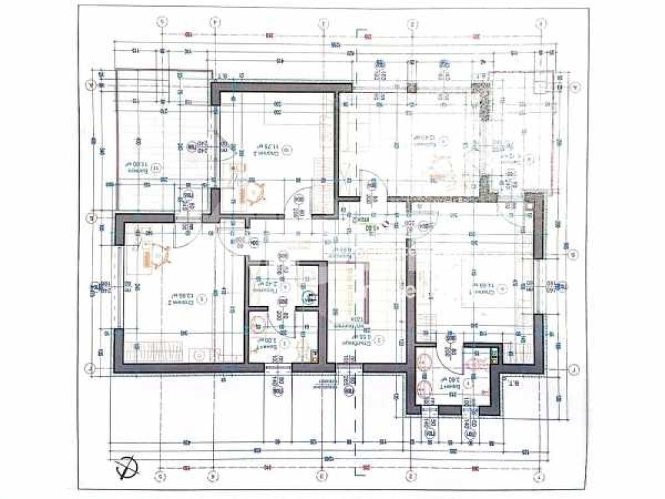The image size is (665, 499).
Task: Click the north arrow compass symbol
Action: tap(126, 468)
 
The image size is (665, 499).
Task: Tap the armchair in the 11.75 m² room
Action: tap(253, 192)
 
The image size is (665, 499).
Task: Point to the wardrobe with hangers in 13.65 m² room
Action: tap(156, 348)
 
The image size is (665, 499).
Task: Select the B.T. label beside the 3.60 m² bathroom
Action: tap(513, 384)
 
